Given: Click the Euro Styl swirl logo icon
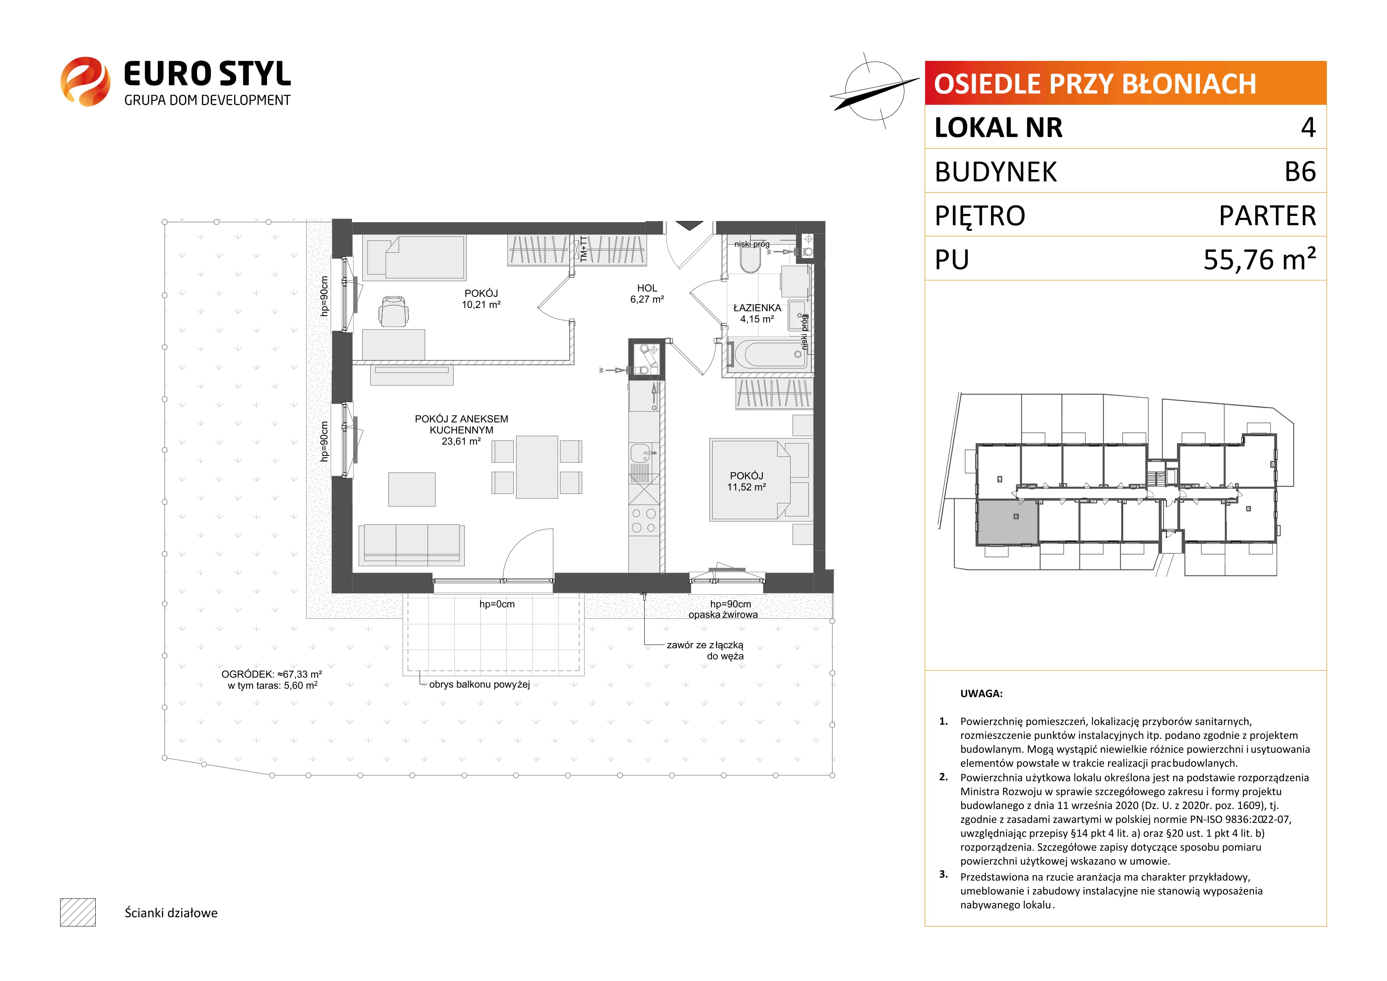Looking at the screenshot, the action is tap(85, 81).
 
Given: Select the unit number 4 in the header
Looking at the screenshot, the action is tap(1308, 127).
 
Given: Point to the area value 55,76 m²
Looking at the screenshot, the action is tap(1260, 259).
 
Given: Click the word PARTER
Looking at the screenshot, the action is tap(1268, 215).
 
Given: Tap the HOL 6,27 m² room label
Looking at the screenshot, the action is tap(647, 293).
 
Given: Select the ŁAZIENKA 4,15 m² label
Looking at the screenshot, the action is tap(757, 313).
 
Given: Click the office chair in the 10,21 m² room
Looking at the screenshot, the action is tap(393, 311).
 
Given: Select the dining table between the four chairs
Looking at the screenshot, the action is tap(536, 467).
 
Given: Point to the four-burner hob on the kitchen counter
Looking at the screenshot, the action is tap(643, 521).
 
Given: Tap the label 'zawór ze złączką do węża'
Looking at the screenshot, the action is tap(705, 650).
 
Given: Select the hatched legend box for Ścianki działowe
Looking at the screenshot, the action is tap(78, 912).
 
